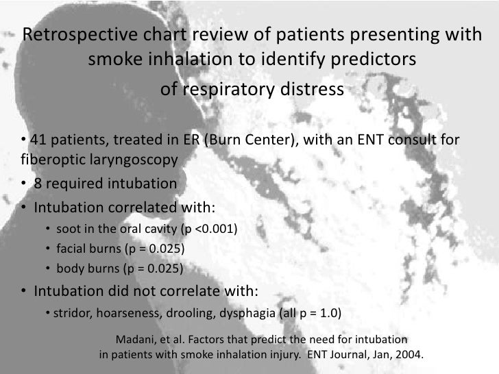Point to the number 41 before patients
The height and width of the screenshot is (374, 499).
pos(38,141)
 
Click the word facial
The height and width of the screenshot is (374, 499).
pos(72,248)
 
